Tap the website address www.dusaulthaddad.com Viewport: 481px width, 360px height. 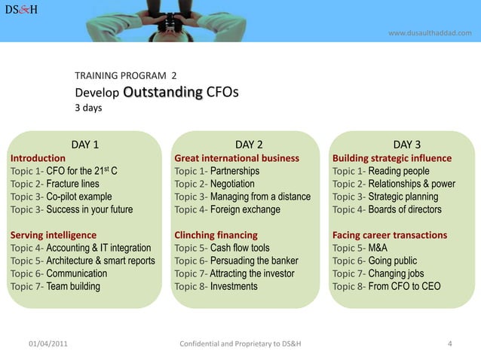tap(430, 32)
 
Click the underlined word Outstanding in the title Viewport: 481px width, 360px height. tap(163, 93)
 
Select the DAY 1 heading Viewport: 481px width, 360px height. tap(85, 145)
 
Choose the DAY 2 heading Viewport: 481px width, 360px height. tap(249, 145)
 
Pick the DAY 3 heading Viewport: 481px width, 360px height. tap(407, 145)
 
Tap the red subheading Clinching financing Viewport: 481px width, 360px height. tap(216, 235)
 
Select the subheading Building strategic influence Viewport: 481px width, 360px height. tap(392, 158)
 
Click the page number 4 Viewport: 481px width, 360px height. tap(449, 345)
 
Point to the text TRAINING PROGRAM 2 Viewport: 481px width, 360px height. tap(126, 76)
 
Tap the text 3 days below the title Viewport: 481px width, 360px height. tap(88, 108)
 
